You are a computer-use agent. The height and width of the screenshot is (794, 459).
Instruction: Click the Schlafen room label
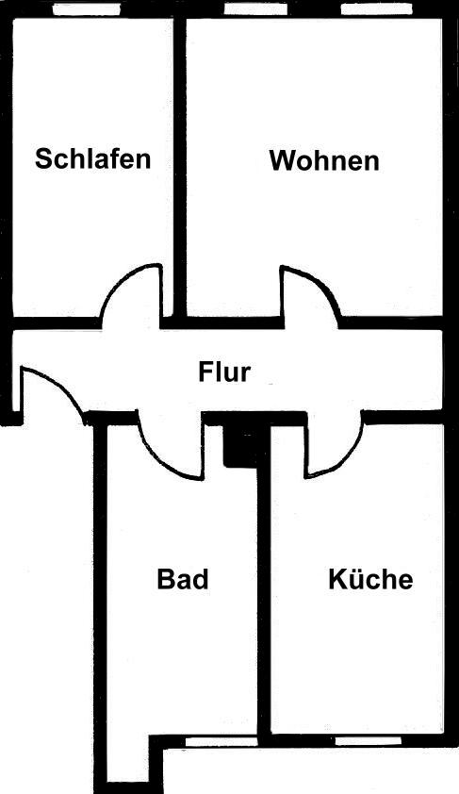pos(93,158)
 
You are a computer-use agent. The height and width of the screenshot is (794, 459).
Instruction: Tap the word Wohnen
pos(324,160)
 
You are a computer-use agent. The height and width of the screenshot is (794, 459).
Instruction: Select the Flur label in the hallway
pos(224,372)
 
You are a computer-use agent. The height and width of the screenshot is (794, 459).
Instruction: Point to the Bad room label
pos(183,579)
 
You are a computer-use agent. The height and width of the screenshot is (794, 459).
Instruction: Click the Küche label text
pos(371,579)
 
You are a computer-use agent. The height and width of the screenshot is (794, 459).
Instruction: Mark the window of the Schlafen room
pos(87,8)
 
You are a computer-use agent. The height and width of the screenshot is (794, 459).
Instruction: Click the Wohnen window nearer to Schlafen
pos(255,8)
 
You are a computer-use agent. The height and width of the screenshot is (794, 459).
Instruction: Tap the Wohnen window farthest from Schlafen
pos(376,8)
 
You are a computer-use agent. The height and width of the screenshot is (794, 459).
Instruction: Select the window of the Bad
pos(221,741)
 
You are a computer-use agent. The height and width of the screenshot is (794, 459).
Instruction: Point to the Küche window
pos(369,741)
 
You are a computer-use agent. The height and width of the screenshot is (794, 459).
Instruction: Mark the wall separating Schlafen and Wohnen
pos(180,166)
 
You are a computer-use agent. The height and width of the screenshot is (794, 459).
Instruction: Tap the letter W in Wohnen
pos(282,160)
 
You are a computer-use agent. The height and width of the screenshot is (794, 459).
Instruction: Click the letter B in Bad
pos(165,579)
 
